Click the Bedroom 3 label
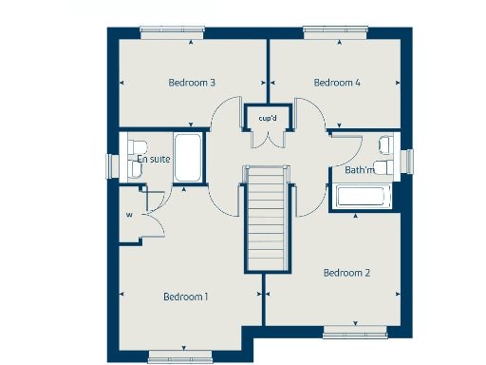[x=192, y=83]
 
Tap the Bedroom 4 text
[x=338, y=83]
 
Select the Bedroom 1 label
[x=186, y=297]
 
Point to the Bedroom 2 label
[x=346, y=274]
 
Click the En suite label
[x=154, y=159]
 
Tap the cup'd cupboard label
[x=268, y=118]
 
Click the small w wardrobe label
[x=128, y=214]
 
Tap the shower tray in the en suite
[x=188, y=159]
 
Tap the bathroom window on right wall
[x=411, y=162]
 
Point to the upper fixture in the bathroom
[x=385, y=145]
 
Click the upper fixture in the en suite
[x=131, y=144]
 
